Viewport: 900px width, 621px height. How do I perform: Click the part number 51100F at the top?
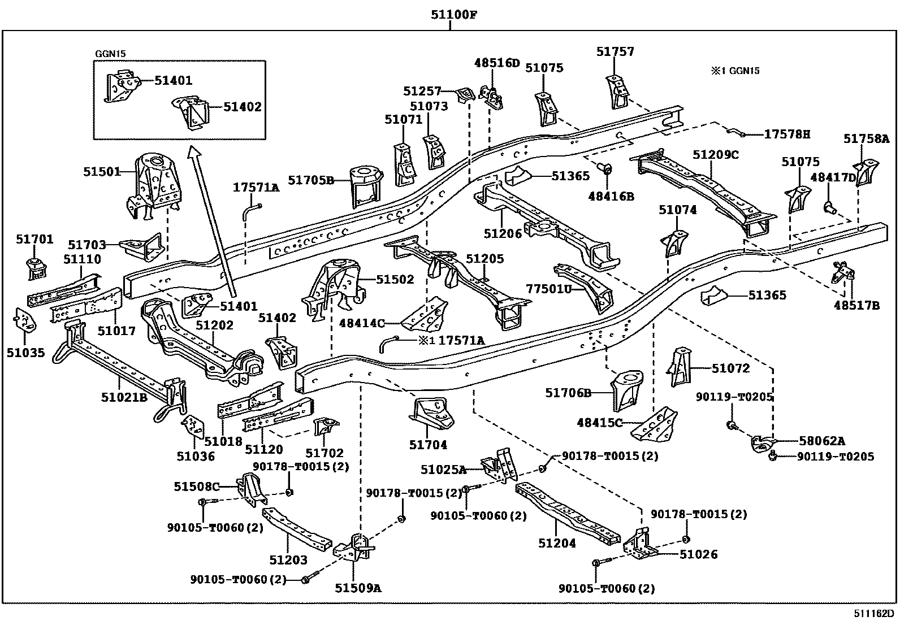[451, 15]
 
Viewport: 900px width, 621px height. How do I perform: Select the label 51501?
[102, 171]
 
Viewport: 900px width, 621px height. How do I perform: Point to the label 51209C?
[716, 155]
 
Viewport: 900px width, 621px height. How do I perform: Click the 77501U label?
[549, 288]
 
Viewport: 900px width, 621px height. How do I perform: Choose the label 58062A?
[823, 441]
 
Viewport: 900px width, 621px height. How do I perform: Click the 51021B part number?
[124, 398]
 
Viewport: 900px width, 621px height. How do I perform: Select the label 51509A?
[358, 588]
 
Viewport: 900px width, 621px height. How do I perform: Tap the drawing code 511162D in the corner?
[875, 614]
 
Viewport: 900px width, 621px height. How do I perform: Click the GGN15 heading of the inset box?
[110, 54]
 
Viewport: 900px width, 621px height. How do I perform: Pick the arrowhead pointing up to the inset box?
[194, 151]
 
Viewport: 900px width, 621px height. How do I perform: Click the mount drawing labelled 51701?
[35, 269]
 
